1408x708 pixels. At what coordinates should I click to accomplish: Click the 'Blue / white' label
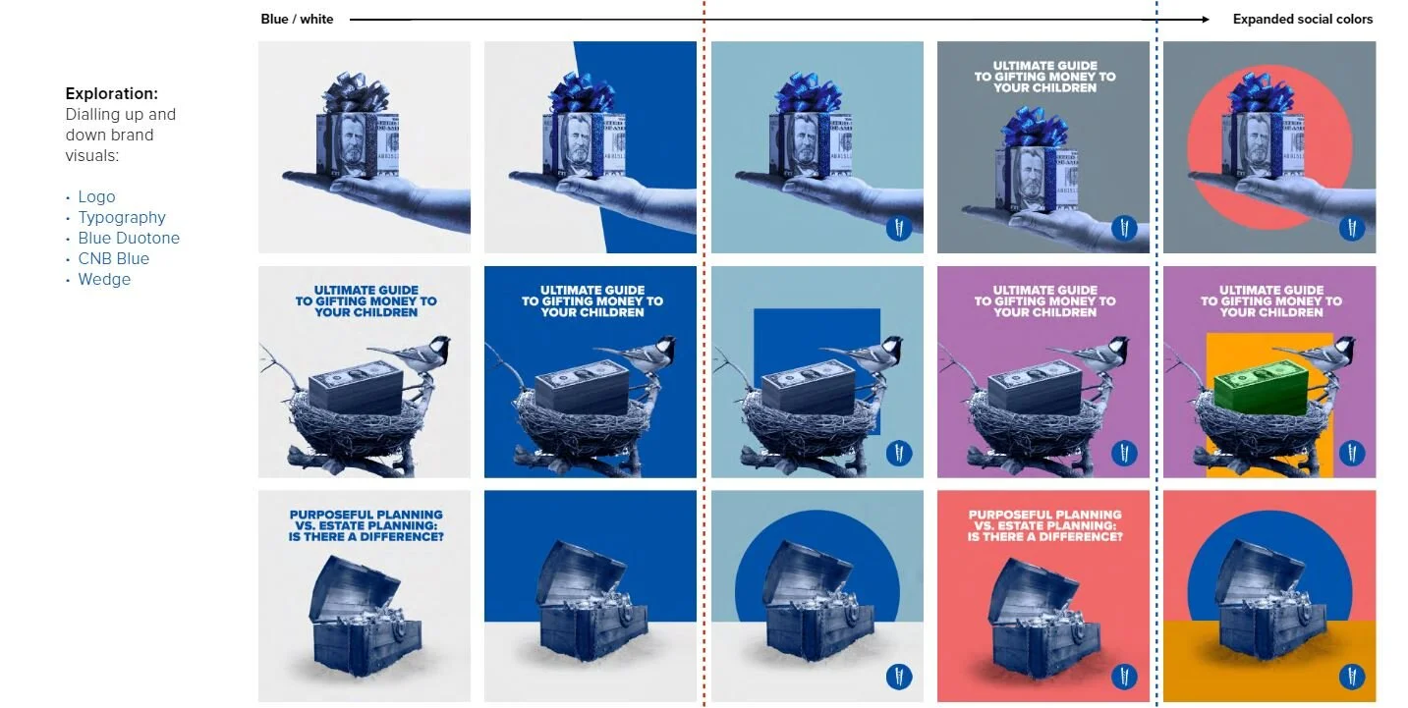tap(297, 19)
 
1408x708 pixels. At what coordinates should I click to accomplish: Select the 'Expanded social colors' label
tap(1303, 19)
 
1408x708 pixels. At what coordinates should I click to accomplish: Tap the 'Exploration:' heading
tap(111, 93)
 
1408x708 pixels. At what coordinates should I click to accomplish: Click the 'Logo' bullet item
tap(96, 196)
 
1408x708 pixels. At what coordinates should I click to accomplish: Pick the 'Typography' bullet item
tap(121, 217)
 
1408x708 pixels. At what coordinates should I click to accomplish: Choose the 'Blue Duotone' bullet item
tap(129, 238)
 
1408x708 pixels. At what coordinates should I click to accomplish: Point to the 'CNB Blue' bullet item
tap(113, 259)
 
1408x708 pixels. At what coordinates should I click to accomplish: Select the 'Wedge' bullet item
tap(104, 280)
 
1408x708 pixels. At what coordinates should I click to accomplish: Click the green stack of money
tap(1262, 388)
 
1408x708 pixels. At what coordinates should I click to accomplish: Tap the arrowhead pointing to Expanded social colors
tap(1205, 20)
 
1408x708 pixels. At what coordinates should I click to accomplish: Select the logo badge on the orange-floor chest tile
tap(1351, 677)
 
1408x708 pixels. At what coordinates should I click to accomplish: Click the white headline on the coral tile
tap(1044, 525)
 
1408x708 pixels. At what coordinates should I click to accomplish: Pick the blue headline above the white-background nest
tap(366, 300)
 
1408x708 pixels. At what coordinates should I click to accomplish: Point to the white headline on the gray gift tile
tap(1044, 77)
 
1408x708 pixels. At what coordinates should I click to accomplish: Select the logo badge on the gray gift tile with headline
tap(1124, 228)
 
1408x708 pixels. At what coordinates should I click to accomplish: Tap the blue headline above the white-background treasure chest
tap(366, 525)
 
